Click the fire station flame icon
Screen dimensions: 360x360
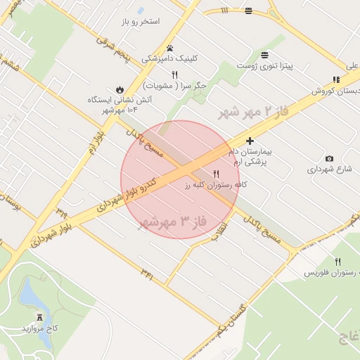(x=120, y=89)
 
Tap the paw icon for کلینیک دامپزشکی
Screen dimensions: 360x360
(x=169, y=49)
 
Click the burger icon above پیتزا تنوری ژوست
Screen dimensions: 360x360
(x=264, y=55)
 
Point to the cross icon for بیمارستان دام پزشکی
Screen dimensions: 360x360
(x=249, y=141)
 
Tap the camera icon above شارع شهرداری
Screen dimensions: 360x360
(x=329, y=158)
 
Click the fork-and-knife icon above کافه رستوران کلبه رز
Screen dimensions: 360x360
(x=216, y=174)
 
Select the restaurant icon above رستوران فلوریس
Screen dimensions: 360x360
(x=337, y=261)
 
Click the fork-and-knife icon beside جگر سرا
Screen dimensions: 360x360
(x=174, y=75)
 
